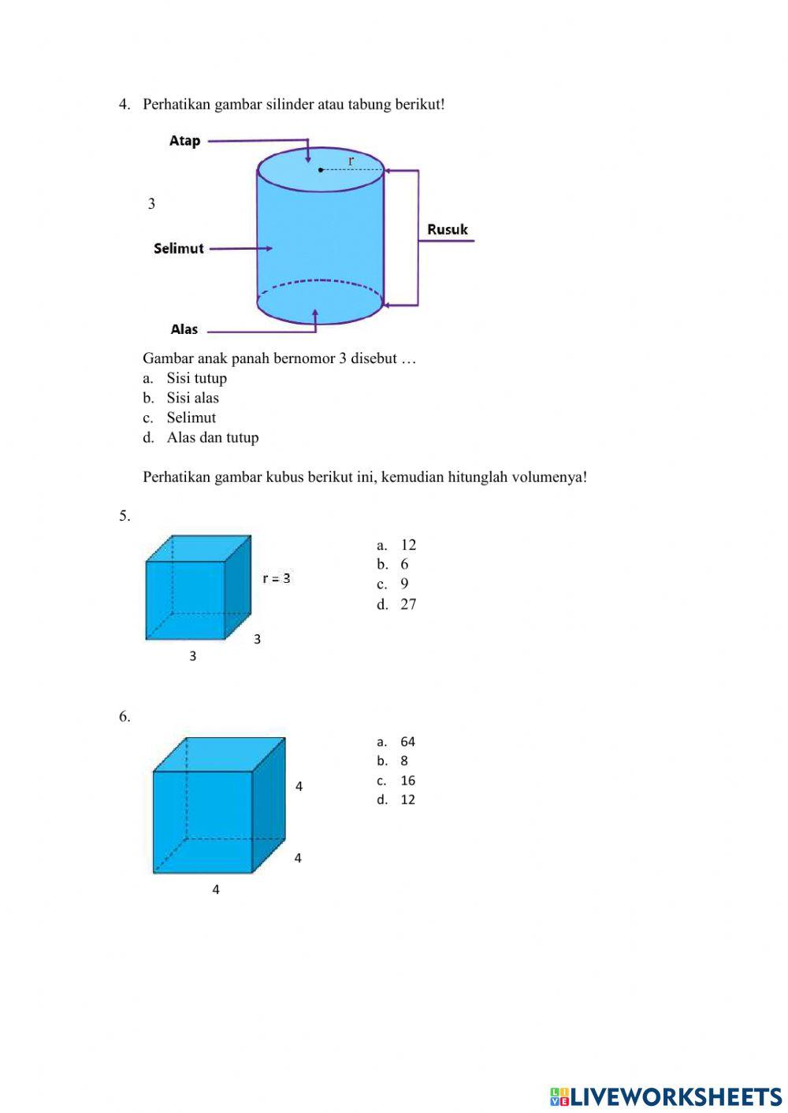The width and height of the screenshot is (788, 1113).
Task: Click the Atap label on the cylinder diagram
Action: point(185,141)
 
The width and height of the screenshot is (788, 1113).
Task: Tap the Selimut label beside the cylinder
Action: point(179,248)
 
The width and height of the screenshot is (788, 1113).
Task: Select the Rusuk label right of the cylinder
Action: point(448,229)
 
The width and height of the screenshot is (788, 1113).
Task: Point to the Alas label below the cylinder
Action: point(184,329)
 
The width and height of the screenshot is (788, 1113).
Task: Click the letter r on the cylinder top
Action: point(351,161)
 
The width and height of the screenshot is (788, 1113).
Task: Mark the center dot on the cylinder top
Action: point(321,169)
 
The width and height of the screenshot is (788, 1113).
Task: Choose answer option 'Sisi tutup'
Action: point(196,378)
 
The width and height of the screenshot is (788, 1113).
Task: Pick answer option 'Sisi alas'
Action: point(192,398)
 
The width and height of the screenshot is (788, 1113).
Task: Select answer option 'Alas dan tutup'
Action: point(212,437)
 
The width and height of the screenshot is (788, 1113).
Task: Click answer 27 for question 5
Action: point(408,604)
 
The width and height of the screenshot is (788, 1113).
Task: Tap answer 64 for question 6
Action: point(407,741)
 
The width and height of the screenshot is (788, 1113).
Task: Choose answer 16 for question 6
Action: point(407,781)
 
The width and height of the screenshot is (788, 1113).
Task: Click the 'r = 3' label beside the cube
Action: point(277,578)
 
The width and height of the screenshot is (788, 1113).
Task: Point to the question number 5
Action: point(125,516)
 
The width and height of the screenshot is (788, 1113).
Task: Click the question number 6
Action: point(125,716)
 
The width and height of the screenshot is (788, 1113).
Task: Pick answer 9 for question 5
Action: point(404,584)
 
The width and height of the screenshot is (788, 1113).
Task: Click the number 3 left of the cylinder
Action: point(151,203)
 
